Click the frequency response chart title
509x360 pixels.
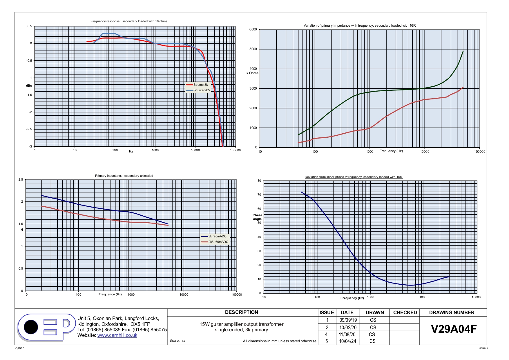pyautogui.click(x=129, y=21)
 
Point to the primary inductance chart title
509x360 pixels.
pyautogui.click(x=124, y=176)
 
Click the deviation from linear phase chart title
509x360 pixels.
pyautogui.click(x=353, y=177)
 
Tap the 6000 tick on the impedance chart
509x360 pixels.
pyautogui.click(x=253, y=29)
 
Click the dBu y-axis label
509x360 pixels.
pyautogui.click(x=29, y=86)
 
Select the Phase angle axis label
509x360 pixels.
pyautogui.click(x=257, y=217)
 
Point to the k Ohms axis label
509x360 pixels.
pyautogui.click(x=252, y=73)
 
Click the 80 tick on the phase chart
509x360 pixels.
pyautogui.click(x=259, y=181)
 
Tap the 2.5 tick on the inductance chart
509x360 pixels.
pyautogui.click(x=21, y=179)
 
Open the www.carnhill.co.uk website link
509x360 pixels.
pyautogui.click(x=117, y=335)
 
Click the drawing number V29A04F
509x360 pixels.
pyautogui.click(x=454, y=329)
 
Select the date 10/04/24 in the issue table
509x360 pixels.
pyautogui.click(x=347, y=341)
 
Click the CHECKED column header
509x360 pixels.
pyautogui.click(x=405, y=312)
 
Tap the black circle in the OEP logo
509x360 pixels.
pyautogui.click(x=31, y=327)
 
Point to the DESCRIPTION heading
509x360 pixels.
pyautogui.click(x=242, y=312)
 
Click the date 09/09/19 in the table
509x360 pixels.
pyautogui.click(x=348, y=320)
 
